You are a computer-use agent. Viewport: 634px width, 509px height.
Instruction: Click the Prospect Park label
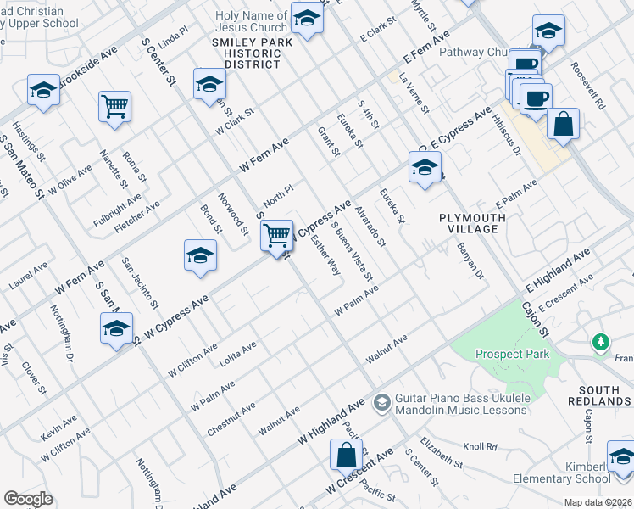tap(512, 354)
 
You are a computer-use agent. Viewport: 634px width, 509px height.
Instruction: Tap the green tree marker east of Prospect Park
tap(601, 342)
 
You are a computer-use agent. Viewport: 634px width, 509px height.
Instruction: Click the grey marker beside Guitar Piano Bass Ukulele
tap(381, 400)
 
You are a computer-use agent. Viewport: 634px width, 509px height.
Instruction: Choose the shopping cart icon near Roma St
tap(114, 107)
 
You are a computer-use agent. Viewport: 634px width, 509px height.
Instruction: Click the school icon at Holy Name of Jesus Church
tap(307, 18)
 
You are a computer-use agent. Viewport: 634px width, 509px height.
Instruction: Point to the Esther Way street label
tap(326, 255)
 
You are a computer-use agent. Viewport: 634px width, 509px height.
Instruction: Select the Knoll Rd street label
tap(480, 446)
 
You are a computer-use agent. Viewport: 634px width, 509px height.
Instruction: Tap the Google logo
tap(28, 499)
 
